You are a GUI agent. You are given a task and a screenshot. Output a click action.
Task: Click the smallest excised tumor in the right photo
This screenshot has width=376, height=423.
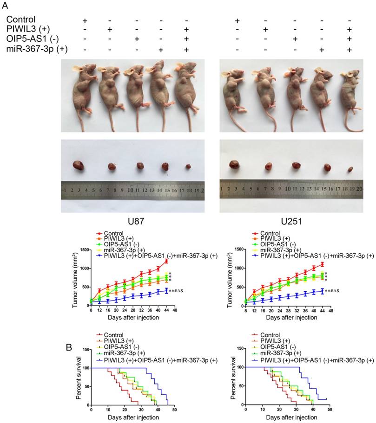(x=350, y=170)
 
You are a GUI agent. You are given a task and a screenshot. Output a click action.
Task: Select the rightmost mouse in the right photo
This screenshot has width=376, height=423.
(x=350, y=93)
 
